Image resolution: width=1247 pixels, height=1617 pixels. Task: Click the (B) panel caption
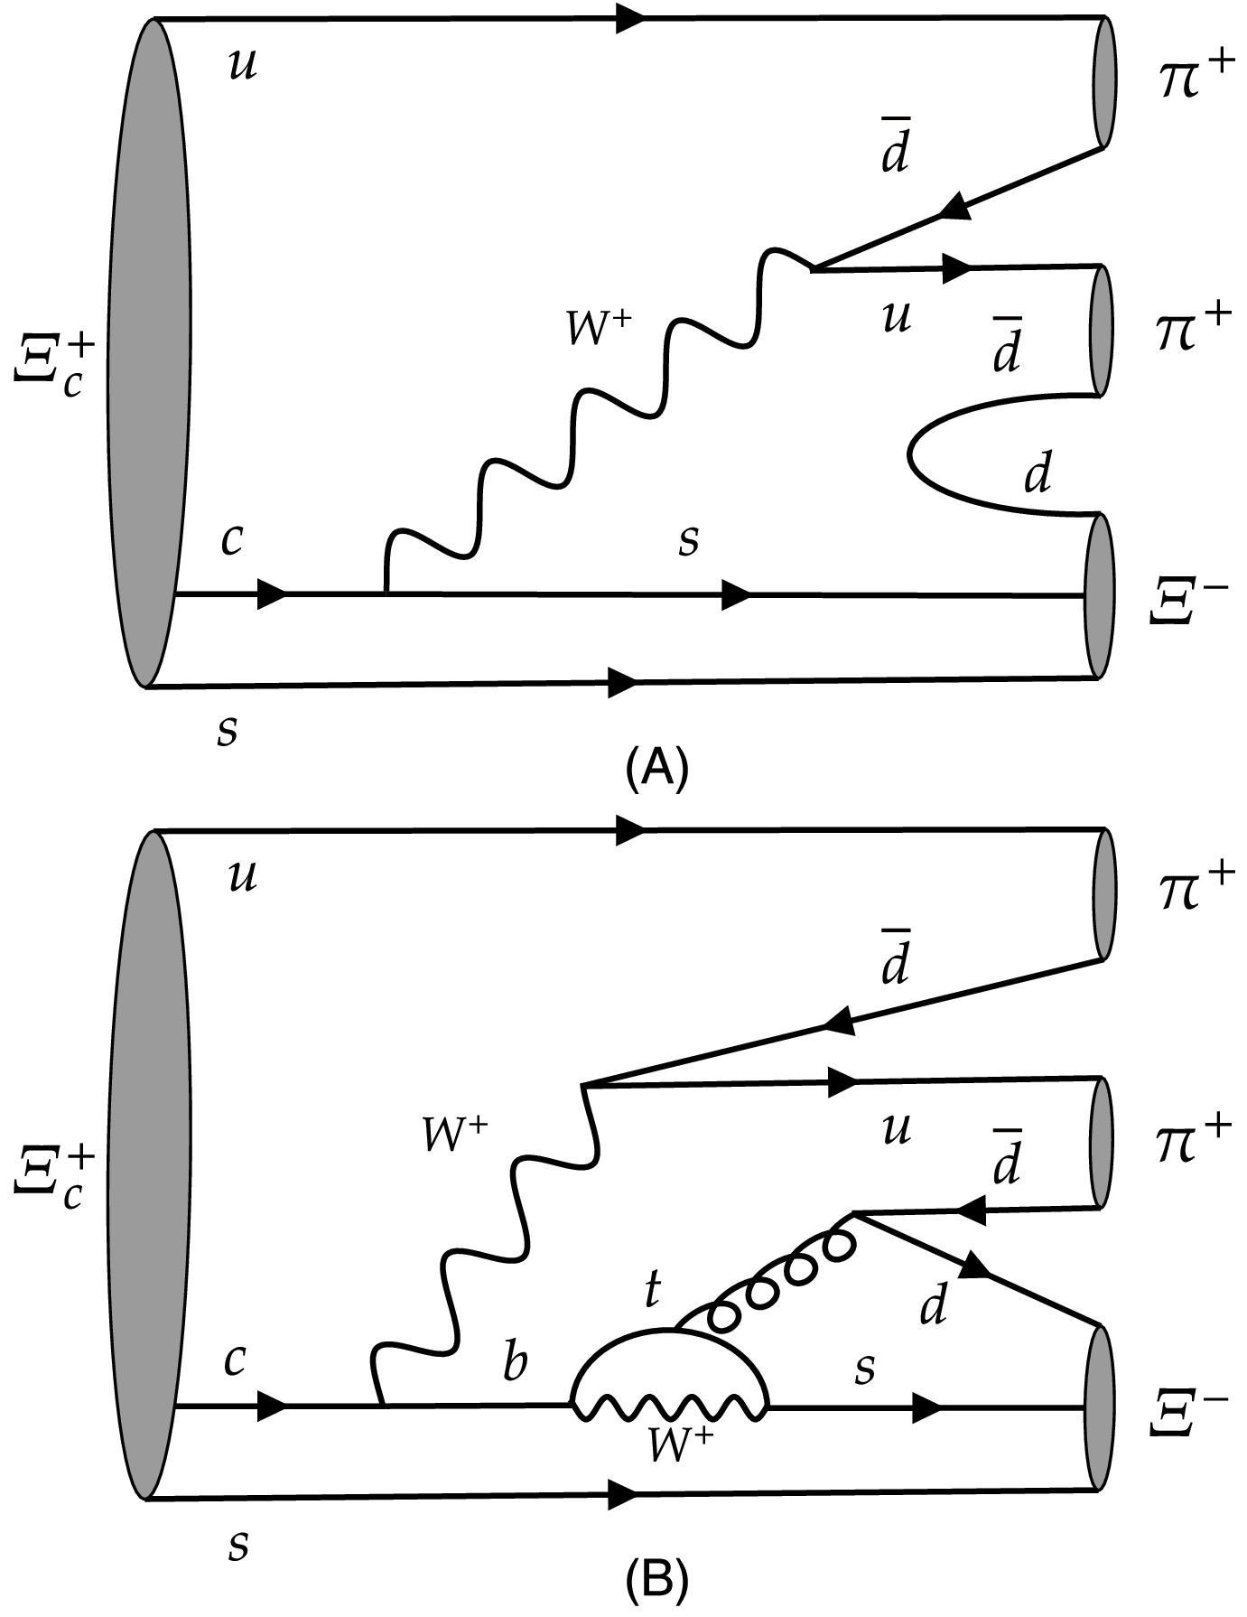(656, 1580)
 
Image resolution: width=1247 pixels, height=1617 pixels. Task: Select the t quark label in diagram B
(650, 1292)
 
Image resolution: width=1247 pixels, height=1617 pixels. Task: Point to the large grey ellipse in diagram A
(150, 352)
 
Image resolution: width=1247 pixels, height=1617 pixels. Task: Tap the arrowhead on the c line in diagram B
(271, 1406)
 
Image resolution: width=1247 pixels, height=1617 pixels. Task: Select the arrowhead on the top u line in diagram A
(630, 18)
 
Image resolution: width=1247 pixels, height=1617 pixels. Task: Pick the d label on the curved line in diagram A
(1038, 473)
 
